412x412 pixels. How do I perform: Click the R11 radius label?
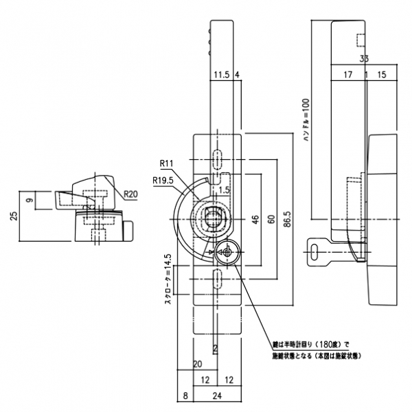(x=167, y=163)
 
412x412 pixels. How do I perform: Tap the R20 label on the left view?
(x=133, y=195)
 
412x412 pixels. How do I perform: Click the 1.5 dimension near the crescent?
(x=224, y=187)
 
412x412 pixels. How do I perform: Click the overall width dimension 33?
(x=365, y=59)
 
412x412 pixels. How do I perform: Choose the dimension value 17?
(x=347, y=73)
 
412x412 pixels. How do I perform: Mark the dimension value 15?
(x=382, y=73)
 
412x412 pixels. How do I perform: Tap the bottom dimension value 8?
(x=185, y=396)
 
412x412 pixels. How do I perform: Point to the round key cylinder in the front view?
(x=226, y=253)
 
